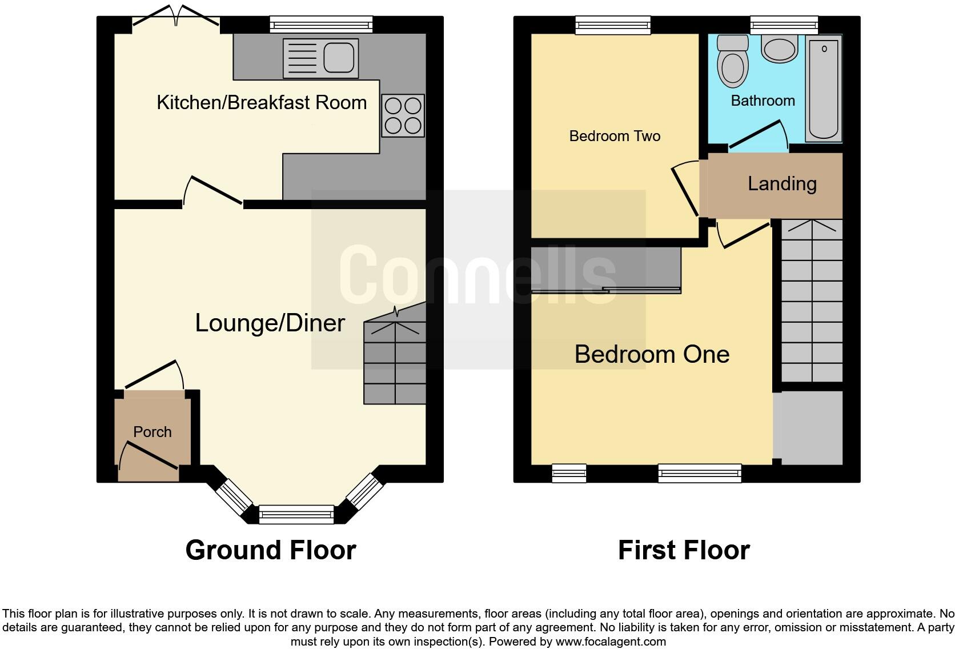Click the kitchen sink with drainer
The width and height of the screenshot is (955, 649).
click(320, 58)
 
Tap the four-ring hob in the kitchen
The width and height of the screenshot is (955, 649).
click(403, 115)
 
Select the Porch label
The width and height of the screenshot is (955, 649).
click(153, 432)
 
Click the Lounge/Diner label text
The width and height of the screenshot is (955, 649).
click(270, 323)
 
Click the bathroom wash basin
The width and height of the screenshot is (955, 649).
click(780, 49)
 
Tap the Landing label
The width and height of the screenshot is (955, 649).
click(782, 184)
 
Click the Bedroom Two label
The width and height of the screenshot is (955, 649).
click(615, 136)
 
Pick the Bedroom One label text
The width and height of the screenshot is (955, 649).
click(652, 355)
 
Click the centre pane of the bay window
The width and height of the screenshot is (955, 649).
click(296, 514)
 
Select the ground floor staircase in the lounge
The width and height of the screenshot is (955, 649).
click(395, 363)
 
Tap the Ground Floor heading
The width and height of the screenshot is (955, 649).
click(271, 551)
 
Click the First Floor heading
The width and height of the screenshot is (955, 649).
click(684, 551)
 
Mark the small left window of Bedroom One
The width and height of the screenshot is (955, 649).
click(569, 473)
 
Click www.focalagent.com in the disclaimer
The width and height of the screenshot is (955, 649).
click(610, 642)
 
